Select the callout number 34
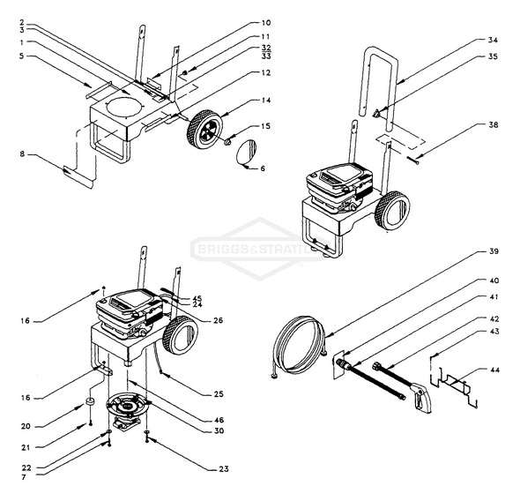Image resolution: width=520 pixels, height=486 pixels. coord(493,41)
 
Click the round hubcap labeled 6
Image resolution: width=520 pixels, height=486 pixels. coord(247,151)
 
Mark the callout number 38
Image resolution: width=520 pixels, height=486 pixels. coord(493,125)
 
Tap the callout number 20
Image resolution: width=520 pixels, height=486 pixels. coord(27,426)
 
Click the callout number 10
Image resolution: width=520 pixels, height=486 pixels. coord(266,22)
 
